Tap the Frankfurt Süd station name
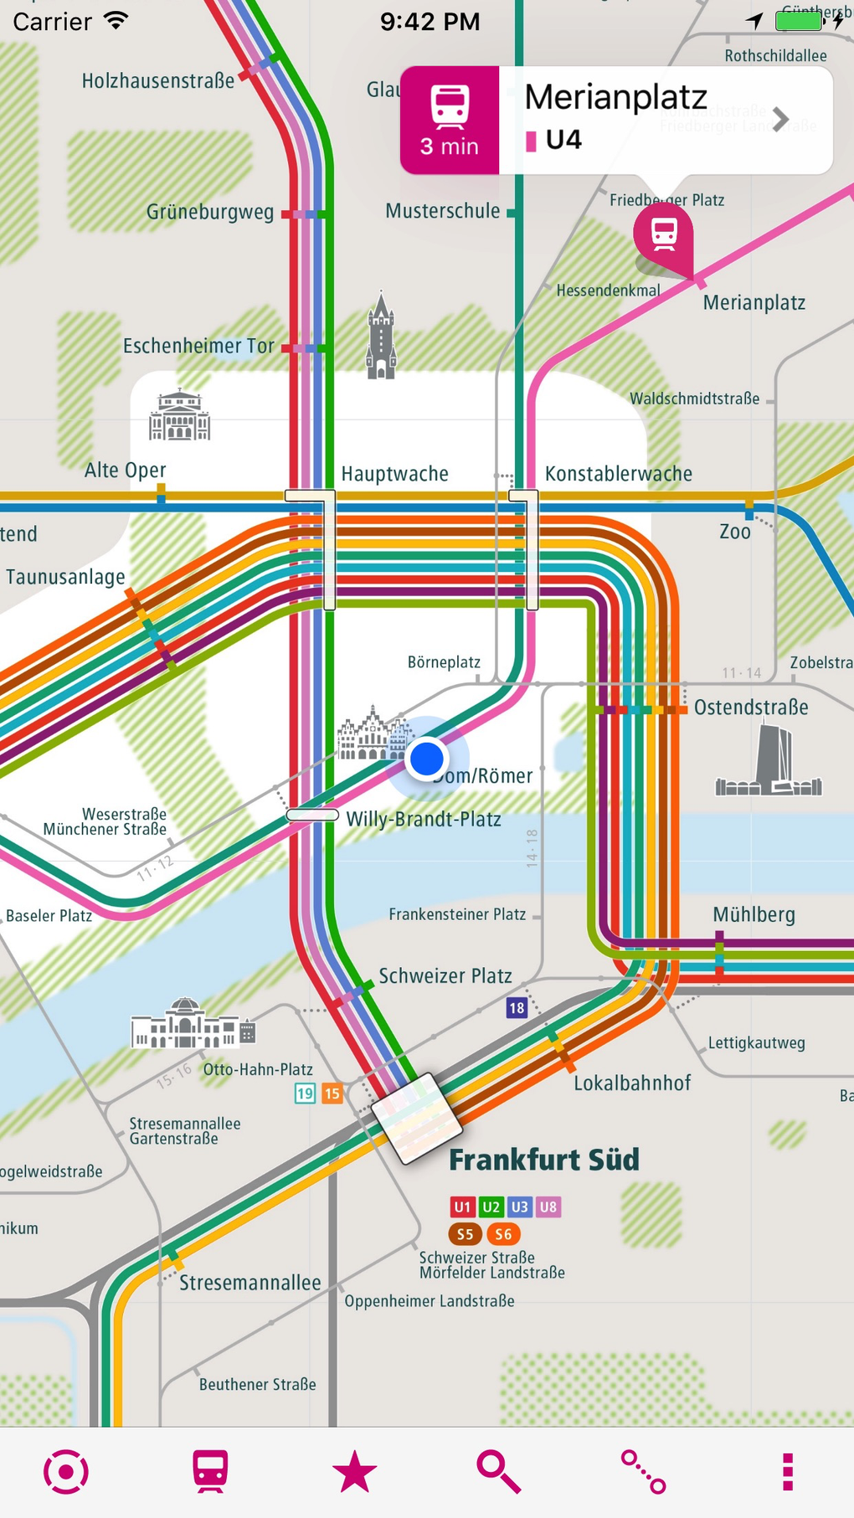544,1160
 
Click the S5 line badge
465,1234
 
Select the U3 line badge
519,1207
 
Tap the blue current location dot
427,759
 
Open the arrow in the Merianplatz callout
780,120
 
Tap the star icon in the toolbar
354,1472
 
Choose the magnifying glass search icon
498,1472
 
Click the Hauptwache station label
394,474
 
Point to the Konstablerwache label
618,474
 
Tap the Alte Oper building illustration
179,415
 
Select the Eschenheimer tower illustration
381,337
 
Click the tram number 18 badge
517,1008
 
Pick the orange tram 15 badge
332,1093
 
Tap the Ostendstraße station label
751,708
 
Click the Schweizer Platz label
445,976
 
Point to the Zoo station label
735,532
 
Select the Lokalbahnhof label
632,1083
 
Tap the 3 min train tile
450,121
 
